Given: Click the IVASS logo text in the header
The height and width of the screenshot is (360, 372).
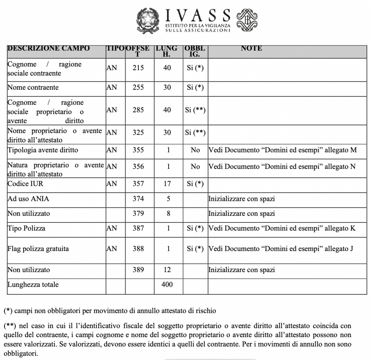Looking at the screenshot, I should (x=198, y=16).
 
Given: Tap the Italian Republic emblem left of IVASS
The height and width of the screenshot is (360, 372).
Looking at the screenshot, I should (x=148, y=21).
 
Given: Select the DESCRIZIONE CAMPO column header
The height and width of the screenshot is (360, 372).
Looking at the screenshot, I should (x=49, y=48).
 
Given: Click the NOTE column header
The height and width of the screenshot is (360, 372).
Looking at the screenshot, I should (x=251, y=48).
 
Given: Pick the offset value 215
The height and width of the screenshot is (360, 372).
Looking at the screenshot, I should (x=138, y=68).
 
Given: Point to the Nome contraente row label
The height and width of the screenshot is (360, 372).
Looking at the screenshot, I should (x=33, y=88).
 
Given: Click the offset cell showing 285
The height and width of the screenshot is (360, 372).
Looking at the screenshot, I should (x=138, y=110).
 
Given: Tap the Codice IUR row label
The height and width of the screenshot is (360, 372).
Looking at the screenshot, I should (x=25, y=183).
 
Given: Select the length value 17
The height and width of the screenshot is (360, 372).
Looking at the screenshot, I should (x=167, y=183).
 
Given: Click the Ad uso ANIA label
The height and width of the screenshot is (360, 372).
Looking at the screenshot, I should (x=28, y=199).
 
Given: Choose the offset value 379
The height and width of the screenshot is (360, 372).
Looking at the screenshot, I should (x=138, y=213).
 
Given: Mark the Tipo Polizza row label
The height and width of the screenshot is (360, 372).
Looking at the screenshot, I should (x=27, y=228).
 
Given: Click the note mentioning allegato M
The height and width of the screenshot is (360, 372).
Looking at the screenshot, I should (x=282, y=150).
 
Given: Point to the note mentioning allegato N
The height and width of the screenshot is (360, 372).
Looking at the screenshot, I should (x=282, y=167).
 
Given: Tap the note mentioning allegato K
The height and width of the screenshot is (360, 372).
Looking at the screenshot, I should (x=282, y=228).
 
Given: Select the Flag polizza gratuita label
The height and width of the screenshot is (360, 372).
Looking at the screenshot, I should (x=38, y=249).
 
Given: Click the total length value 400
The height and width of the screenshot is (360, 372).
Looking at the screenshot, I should (x=167, y=284).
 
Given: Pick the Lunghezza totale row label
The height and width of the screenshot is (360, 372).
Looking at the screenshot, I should (x=33, y=284).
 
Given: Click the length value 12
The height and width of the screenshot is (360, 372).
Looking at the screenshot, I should (x=167, y=270).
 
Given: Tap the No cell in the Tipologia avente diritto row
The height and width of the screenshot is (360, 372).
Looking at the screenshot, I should (x=195, y=150).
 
